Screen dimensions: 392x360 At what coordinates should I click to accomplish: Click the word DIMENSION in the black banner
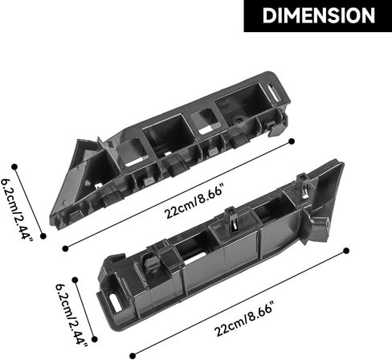pyautogui.click(x=318, y=16)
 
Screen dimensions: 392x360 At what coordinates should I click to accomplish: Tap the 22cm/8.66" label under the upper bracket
pyautogui.click(x=194, y=202)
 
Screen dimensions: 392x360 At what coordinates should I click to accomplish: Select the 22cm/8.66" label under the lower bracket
pyautogui.click(x=243, y=319)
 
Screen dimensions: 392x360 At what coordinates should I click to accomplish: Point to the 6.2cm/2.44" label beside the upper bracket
pyautogui.click(x=16, y=210)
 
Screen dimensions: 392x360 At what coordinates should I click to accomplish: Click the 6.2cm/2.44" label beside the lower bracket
pyautogui.click(x=71, y=314)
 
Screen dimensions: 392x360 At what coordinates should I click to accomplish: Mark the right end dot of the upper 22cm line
pyautogui.click(x=292, y=141)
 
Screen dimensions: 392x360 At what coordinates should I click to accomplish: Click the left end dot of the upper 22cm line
pyautogui.click(x=65, y=248)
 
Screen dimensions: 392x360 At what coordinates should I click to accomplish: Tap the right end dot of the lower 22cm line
pyautogui.click(x=346, y=251)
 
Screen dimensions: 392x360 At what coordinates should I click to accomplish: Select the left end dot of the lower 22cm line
pyautogui.click(x=133, y=356)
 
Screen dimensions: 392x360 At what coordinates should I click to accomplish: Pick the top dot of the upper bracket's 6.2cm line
pyautogui.click(x=14, y=167)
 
